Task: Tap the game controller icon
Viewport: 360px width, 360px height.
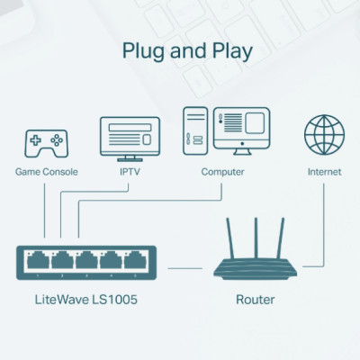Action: click(46, 141)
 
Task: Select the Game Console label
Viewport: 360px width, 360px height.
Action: click(47, 171)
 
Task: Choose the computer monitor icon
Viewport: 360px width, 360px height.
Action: click(242, 132)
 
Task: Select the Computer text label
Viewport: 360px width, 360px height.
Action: click(222, 171)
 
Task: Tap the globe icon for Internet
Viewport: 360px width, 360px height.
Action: click(324, 135)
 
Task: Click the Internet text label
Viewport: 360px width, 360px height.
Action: click(324, 171)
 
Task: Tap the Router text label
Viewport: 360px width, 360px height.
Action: click(255, 299)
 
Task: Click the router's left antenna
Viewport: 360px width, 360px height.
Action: click(229, 238)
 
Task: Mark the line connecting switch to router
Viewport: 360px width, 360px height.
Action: click(185, 266)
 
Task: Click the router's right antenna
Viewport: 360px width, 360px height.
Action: click(281, 238)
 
